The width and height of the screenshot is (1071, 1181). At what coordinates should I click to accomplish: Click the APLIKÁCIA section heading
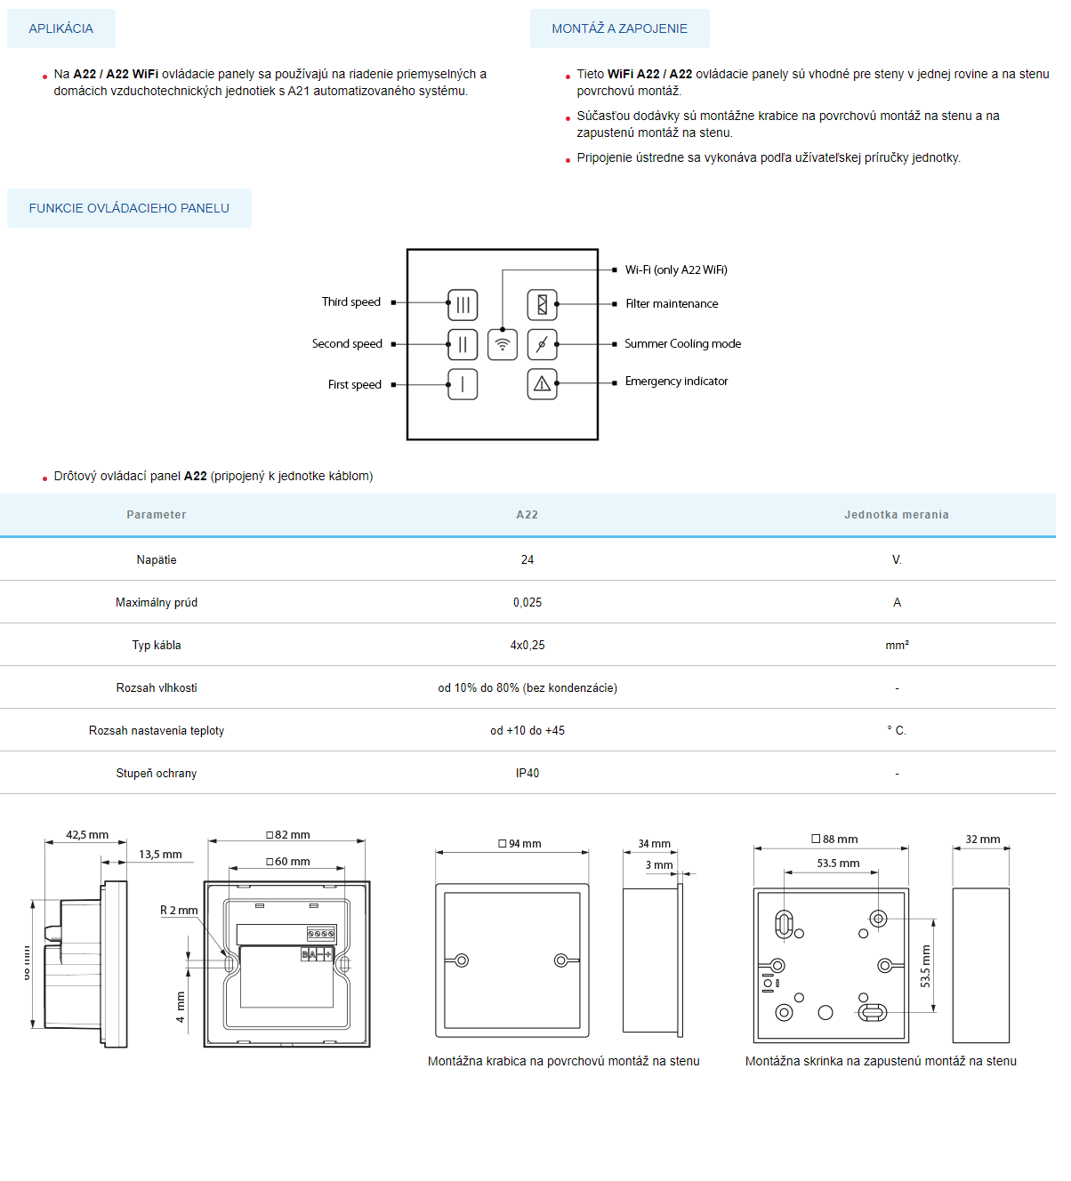[x=60, y=28]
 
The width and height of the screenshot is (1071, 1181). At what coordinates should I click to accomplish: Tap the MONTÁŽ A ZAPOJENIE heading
[x=619, y=28]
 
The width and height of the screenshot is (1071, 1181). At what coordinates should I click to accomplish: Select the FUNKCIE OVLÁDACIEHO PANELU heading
[x=129, y=208]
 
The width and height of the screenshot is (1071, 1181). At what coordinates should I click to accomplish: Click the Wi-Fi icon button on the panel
[x=503, y=344]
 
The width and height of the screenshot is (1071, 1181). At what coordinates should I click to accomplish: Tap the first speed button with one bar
[x=463, y=384]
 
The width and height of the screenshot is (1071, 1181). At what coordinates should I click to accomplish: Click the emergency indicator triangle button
[x=542, y=384]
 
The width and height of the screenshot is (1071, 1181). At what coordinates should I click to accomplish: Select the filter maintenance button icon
[x=542, y=304]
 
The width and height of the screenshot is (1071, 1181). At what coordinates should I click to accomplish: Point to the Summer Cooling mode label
[x=682, y=344]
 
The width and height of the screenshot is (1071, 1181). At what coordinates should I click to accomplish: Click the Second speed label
[x=347, y=344]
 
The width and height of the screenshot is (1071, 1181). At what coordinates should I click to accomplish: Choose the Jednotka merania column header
[x=896, y=515]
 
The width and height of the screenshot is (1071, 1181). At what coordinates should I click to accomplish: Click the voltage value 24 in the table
[x=527, y=560]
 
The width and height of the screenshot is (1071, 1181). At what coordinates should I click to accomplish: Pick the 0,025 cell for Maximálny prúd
[x=527, y=603]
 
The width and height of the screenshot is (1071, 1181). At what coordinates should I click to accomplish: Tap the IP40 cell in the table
[x=527, y=774]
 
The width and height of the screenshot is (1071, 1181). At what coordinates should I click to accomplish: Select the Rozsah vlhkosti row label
[x=157, y=688]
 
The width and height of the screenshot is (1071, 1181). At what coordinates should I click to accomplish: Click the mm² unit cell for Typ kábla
[x=897, y=646]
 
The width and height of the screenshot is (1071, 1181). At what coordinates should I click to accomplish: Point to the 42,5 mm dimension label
[x=87, y=835]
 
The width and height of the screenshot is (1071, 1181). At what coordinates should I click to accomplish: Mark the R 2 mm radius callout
[x=179, y=911]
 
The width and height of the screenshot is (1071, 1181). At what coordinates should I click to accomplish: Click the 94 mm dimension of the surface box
[x=519, y=844]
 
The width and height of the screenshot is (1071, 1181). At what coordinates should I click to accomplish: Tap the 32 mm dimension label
[x=982, y=840]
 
